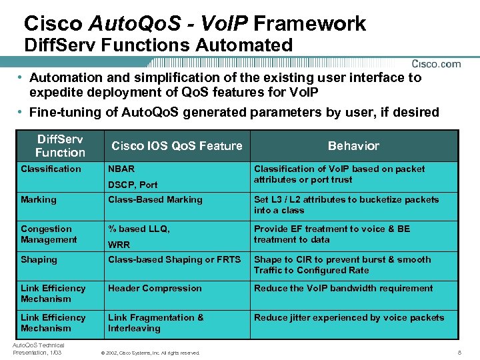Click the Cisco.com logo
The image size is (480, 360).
click(x=436, y=64)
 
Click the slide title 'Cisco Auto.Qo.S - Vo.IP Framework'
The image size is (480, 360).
click(x=195, y=24)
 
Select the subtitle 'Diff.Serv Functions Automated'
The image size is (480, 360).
click(x=158, y=45)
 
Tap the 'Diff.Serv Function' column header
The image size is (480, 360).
click(x=61, y=146)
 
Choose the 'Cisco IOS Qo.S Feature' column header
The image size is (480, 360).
click(x=177, y=146)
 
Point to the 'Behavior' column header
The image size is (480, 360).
click(x=353, y=146)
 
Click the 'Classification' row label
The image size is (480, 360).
click(x=51, y=169)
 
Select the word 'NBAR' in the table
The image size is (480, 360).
click(x=121, y=169)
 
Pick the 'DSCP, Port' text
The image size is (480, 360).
click(x=133, y=185)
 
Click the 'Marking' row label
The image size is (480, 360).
click(x=39, y=199)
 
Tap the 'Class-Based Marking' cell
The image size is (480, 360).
click(x=155, y=199)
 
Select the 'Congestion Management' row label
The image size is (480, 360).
click(x=49, y=234)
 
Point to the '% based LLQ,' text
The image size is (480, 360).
click(x=139, y=229)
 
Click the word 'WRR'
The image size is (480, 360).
click(x=119, y=245)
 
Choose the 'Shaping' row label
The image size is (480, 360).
click(x=39, y=259)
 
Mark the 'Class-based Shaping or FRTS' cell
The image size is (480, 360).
click(x=175, y=259)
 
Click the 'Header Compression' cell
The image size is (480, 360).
click(x=155, y=288)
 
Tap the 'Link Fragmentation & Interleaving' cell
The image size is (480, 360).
click(x=156, y=323)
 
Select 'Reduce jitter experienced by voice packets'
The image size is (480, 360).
click(x=349, y=317)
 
